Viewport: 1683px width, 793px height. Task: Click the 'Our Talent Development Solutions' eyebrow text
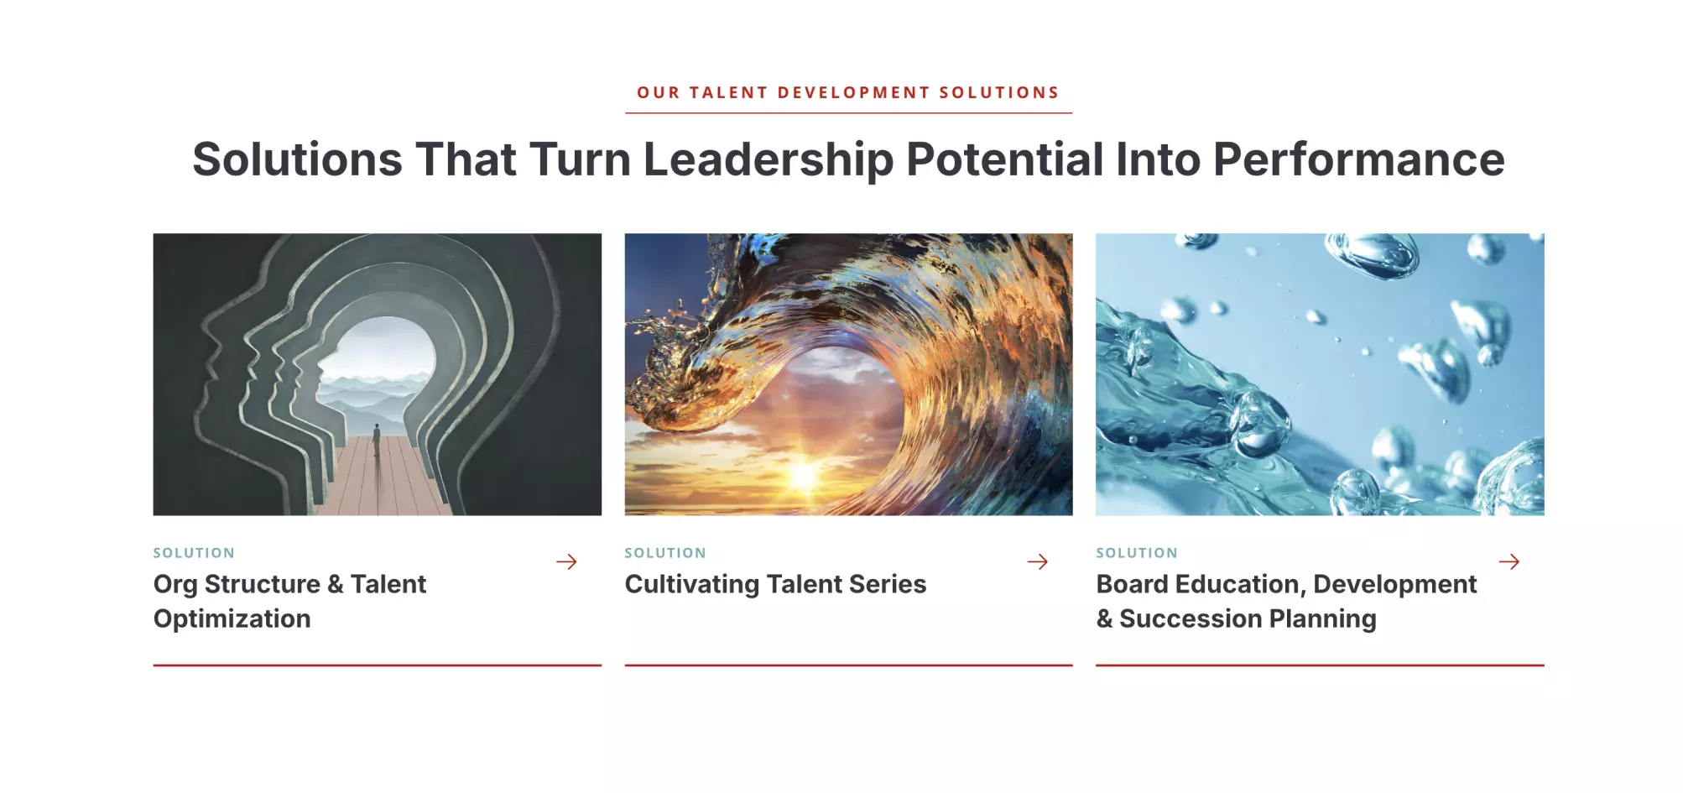point(848,92)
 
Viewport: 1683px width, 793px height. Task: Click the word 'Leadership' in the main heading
point(768,159)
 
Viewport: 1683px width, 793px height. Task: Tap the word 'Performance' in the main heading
point(1358,159)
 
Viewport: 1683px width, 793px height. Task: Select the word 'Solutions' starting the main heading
point(297,159)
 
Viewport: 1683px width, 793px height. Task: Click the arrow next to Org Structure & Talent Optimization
point(566,561)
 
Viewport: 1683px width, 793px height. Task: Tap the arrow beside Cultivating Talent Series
point(1038,561)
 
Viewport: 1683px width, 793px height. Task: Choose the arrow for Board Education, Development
point(1509,561)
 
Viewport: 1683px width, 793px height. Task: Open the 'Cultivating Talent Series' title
point(775,584)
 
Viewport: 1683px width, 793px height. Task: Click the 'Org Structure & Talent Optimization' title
point(289,601)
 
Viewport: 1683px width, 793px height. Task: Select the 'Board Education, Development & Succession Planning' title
point(1286,601)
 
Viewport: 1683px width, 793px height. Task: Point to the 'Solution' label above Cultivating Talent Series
point(665,553)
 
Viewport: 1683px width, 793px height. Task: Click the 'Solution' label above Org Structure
point(194,553)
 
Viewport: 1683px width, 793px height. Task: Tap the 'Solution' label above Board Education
point(1137,553)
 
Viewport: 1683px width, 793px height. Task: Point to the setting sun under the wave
point(803,474)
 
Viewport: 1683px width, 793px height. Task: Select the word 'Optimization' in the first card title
point(232,619)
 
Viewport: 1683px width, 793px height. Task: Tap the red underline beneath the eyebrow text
point(848,112)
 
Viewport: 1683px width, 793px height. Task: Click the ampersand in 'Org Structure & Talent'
point(336,584)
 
